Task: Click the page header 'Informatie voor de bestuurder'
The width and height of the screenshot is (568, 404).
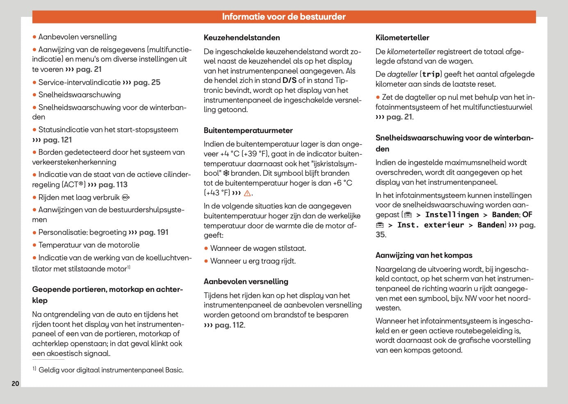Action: tap(284, 17)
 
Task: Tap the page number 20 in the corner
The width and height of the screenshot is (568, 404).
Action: tap(15, 383)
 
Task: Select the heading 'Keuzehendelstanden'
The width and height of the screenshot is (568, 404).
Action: tap(242, 38)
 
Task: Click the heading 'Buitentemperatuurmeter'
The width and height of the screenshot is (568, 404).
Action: tap(248, 131)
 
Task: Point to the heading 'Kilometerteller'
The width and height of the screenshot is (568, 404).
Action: tap(402, 38)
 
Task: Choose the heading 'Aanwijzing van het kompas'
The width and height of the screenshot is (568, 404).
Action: tap(424, 255)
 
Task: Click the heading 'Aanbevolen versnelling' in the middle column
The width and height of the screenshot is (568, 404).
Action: tap(246, 282)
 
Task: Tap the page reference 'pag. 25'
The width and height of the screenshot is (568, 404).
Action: tap(147, 83)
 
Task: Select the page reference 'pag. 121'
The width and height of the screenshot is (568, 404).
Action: tap(57, 140)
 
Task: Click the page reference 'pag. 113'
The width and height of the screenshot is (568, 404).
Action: tap(113, 185)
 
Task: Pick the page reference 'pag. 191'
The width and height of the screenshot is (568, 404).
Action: tap(153, 232)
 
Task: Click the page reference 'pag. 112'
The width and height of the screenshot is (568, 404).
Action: tap(229, 325)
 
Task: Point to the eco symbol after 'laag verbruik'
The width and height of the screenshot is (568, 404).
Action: tap(126, 197)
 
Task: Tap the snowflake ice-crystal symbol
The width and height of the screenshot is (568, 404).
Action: tap(226, 173)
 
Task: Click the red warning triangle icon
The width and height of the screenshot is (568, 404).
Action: tap(247, 193)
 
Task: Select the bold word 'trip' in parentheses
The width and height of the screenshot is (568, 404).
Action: tap(431, 74)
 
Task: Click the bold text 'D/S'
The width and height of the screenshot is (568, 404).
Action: tap(289, 80)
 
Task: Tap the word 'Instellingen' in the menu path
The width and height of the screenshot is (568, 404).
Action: tap(452, 215)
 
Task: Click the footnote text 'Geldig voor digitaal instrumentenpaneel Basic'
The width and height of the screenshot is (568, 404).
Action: tap(111, 370)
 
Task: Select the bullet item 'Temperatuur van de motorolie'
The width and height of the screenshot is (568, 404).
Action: tap(89, 245)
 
